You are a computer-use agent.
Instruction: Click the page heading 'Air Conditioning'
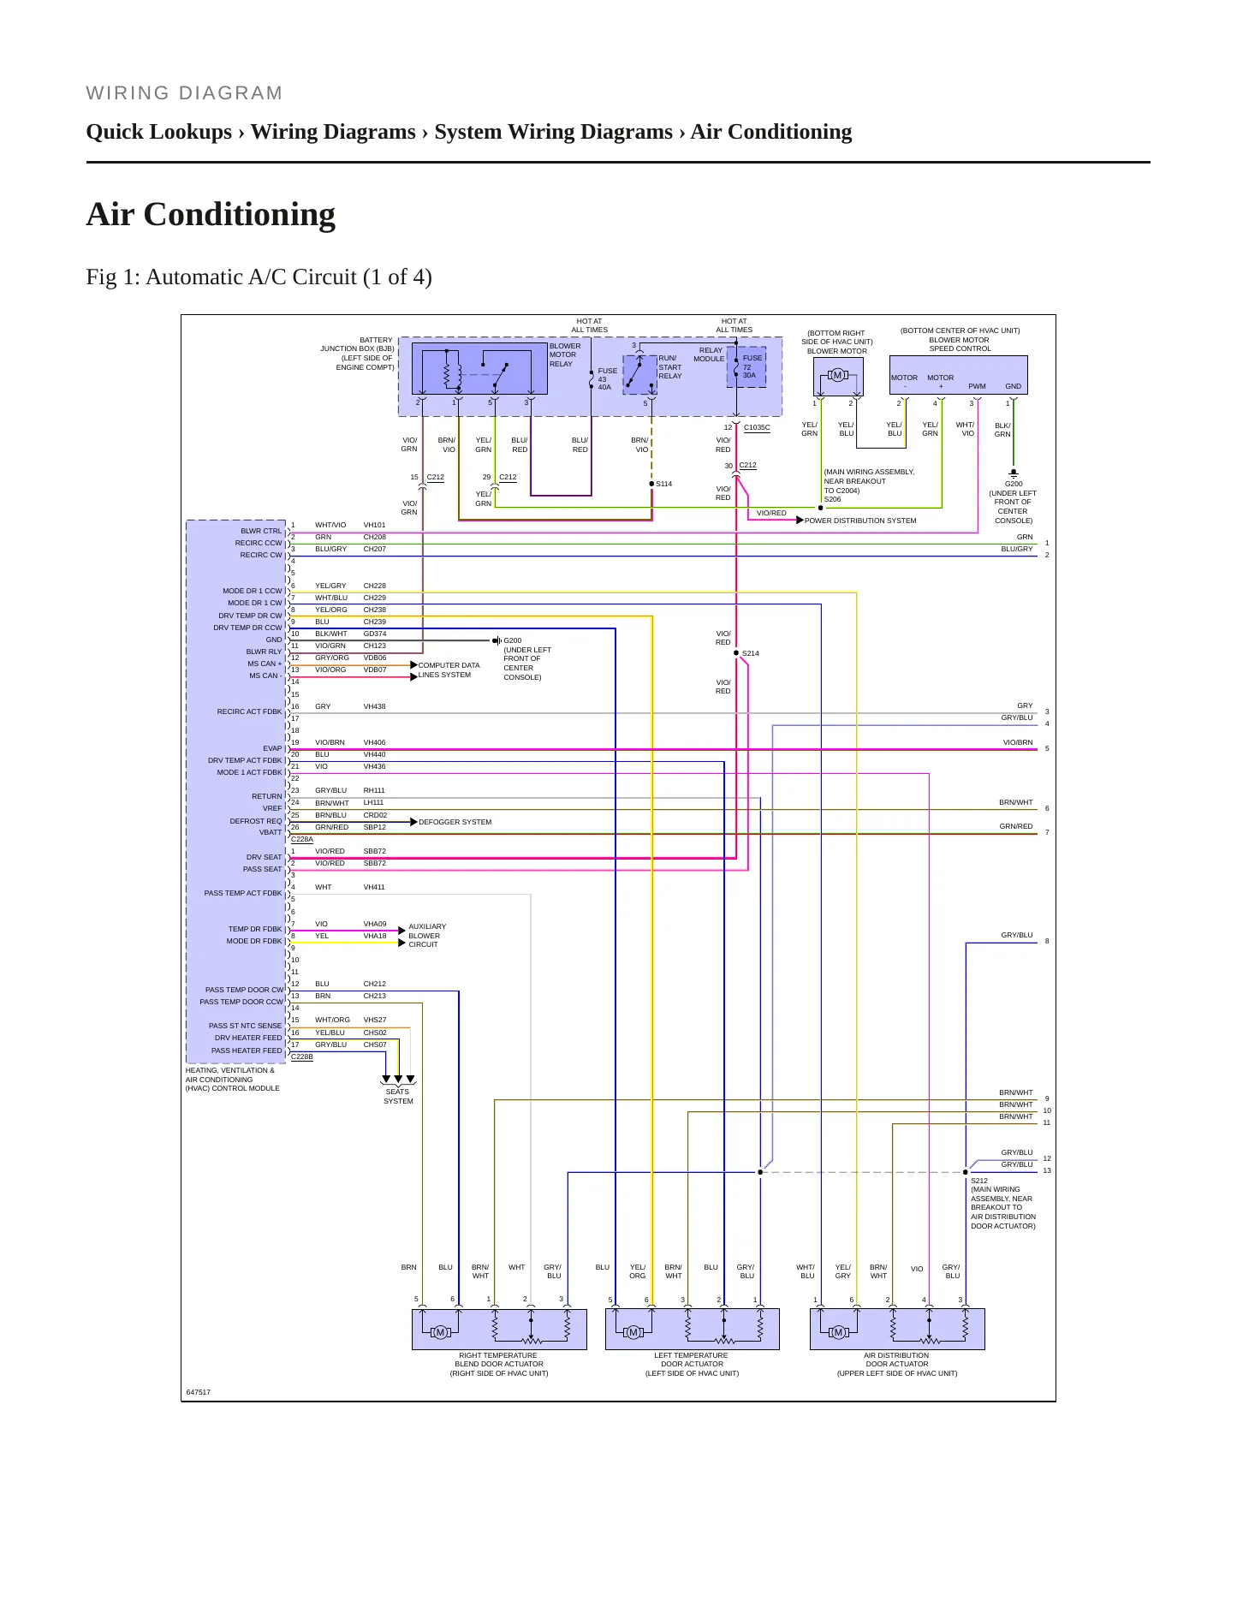pos(211,214)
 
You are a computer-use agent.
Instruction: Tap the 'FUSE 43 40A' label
pos(607,379)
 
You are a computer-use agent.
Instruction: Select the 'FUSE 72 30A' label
pos(751,366)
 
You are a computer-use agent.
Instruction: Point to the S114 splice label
pos(664,484)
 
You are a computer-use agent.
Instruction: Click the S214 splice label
pos(750,653)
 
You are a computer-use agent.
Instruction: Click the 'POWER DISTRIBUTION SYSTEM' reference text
pos(860,521)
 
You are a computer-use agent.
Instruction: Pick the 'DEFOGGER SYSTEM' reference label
pos(455,822)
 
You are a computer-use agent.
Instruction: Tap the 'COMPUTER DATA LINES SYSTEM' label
pos(449,670)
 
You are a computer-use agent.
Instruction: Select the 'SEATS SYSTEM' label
pos(398,1096)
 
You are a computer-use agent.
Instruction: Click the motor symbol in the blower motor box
pos(837,375)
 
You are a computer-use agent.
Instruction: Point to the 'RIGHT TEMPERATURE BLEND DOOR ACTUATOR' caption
pos(499,1364)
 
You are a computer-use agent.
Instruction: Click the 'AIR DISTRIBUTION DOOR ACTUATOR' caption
pos(897,1364)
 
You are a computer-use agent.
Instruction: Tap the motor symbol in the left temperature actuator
pos(633,1332)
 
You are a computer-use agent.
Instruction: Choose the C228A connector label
pos(302,839)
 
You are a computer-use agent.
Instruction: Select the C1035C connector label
pos(757,427)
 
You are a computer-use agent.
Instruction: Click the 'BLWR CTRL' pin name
pos(261,531)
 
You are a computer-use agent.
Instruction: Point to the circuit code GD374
pos(375,634)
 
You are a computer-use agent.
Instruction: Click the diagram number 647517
pos(199,1392)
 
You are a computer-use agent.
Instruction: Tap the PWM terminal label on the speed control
pos(977,386)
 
